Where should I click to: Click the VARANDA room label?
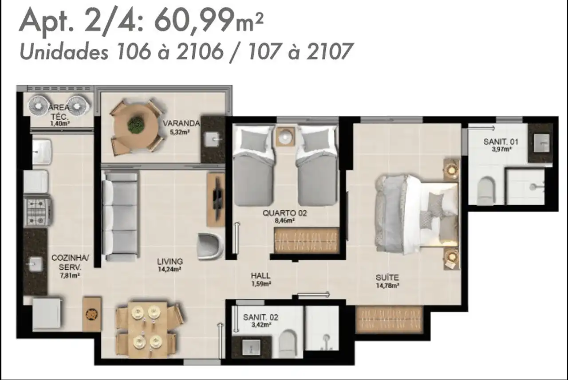(x=181, y=123)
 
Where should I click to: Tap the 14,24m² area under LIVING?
(x=170, y=269)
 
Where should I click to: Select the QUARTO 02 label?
(x=284, y=213)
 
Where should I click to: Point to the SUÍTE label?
(x=387, y=278)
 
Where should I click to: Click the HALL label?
(x=260, y=276)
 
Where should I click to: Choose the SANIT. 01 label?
(x=501, y=142)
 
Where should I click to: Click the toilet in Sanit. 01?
(x=485, y=191)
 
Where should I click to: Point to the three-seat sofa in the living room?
(x=120, y=215)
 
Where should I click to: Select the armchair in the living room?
(x=210, y=246)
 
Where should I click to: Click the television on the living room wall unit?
(x=217, y=198)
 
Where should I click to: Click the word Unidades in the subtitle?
(x=64, y=52)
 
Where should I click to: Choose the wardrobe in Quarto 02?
(x=306, y=240)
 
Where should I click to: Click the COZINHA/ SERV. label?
(x=70, y=262)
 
